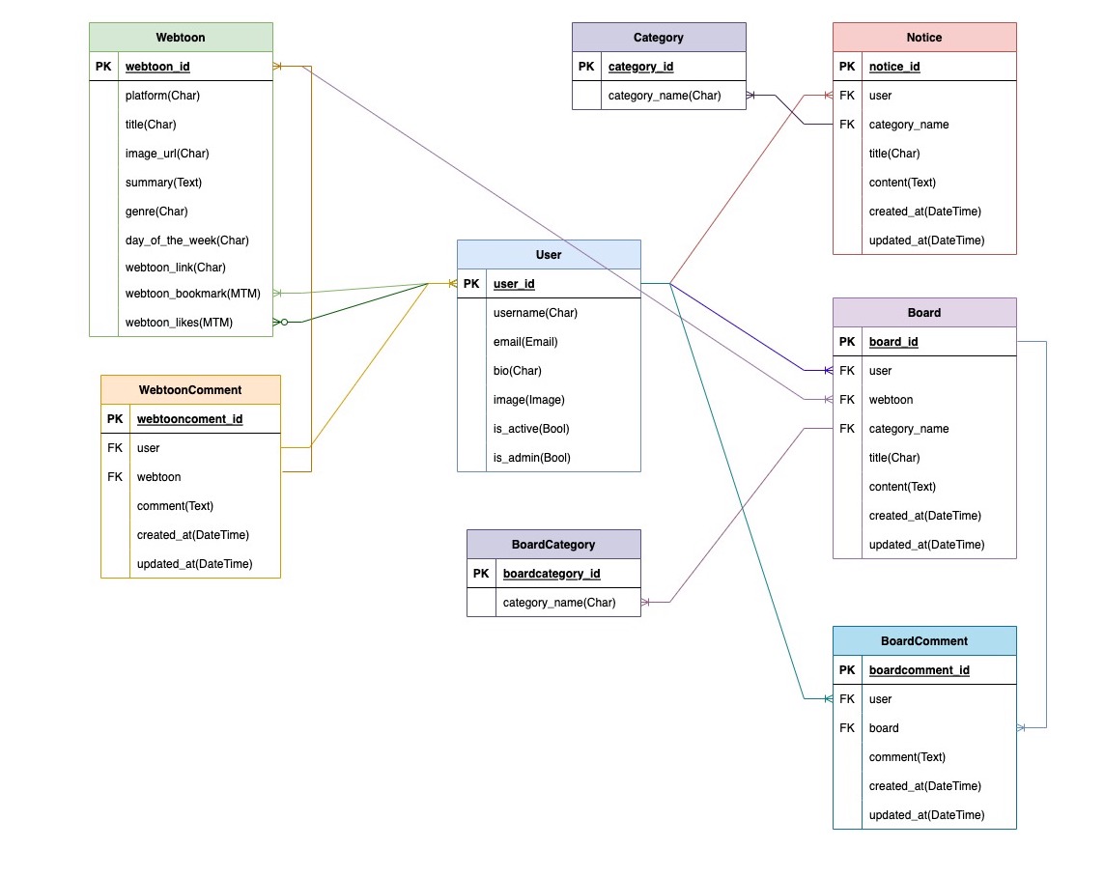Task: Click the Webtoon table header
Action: point(181,38)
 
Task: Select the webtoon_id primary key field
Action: point(157,67)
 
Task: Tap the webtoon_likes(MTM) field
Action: point(179,323)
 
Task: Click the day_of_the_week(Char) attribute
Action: point(186,240)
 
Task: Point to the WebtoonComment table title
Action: point(190,390)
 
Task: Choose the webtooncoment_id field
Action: point(189,419)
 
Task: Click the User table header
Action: point(549,255)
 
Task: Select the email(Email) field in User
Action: point(525,342)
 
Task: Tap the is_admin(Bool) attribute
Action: point(531,458)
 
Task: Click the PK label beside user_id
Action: point(471,284)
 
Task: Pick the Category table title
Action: point(659,38)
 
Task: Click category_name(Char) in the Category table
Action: point(665,96)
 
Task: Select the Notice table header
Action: point(924,38)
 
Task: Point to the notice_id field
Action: point(894,67)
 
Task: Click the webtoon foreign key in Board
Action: point(891,400)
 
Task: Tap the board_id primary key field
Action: point(894,342)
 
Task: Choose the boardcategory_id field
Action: point(552,574)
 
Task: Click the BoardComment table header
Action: point(924,641)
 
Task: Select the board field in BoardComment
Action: point(884,728)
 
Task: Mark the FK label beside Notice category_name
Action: point(847,125)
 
